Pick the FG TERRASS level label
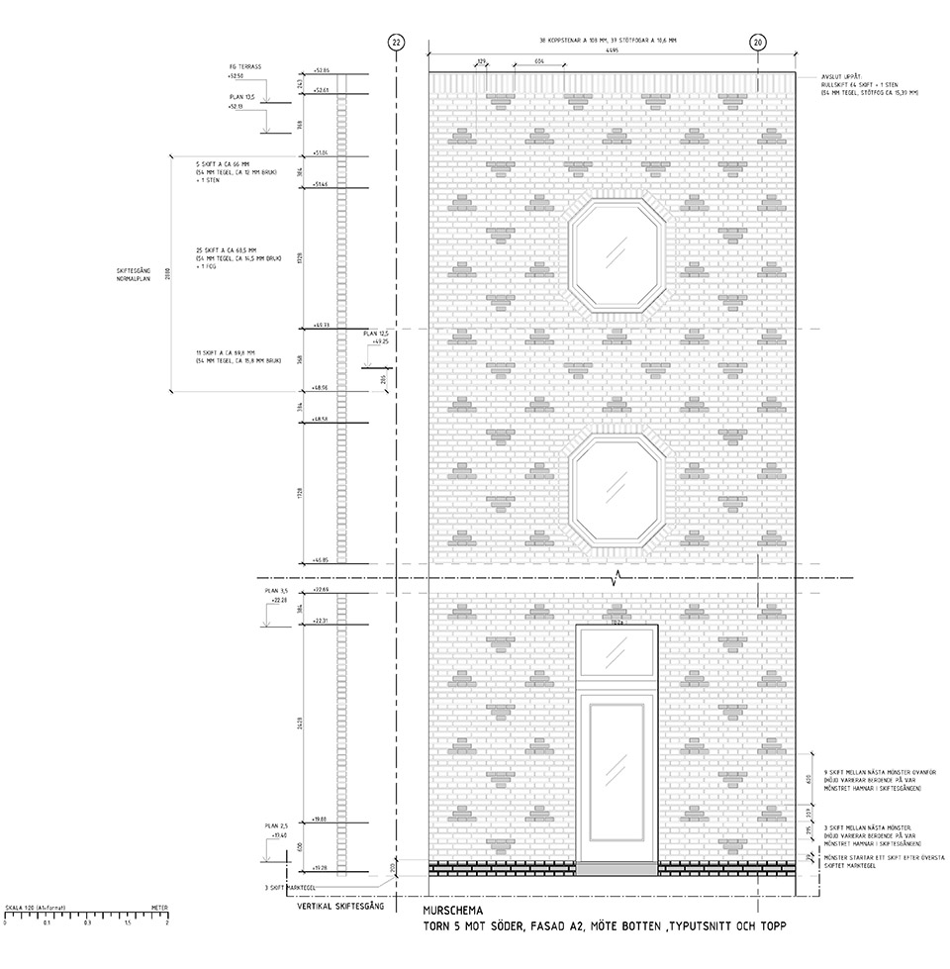243,67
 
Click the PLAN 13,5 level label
241,97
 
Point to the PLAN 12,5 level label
376,335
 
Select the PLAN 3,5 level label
275,591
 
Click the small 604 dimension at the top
538,61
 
